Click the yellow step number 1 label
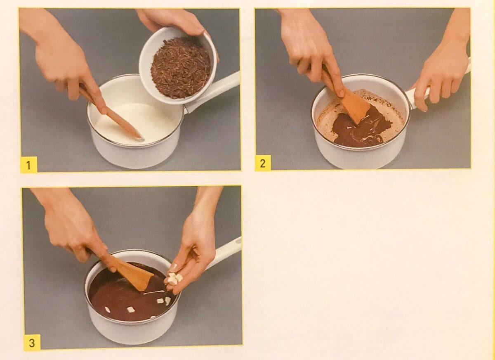click(x=28, y=164)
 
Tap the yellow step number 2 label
click(x=263, y=163)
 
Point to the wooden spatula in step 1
click(x=113, y=114)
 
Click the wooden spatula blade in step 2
click(x=355, y=108)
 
